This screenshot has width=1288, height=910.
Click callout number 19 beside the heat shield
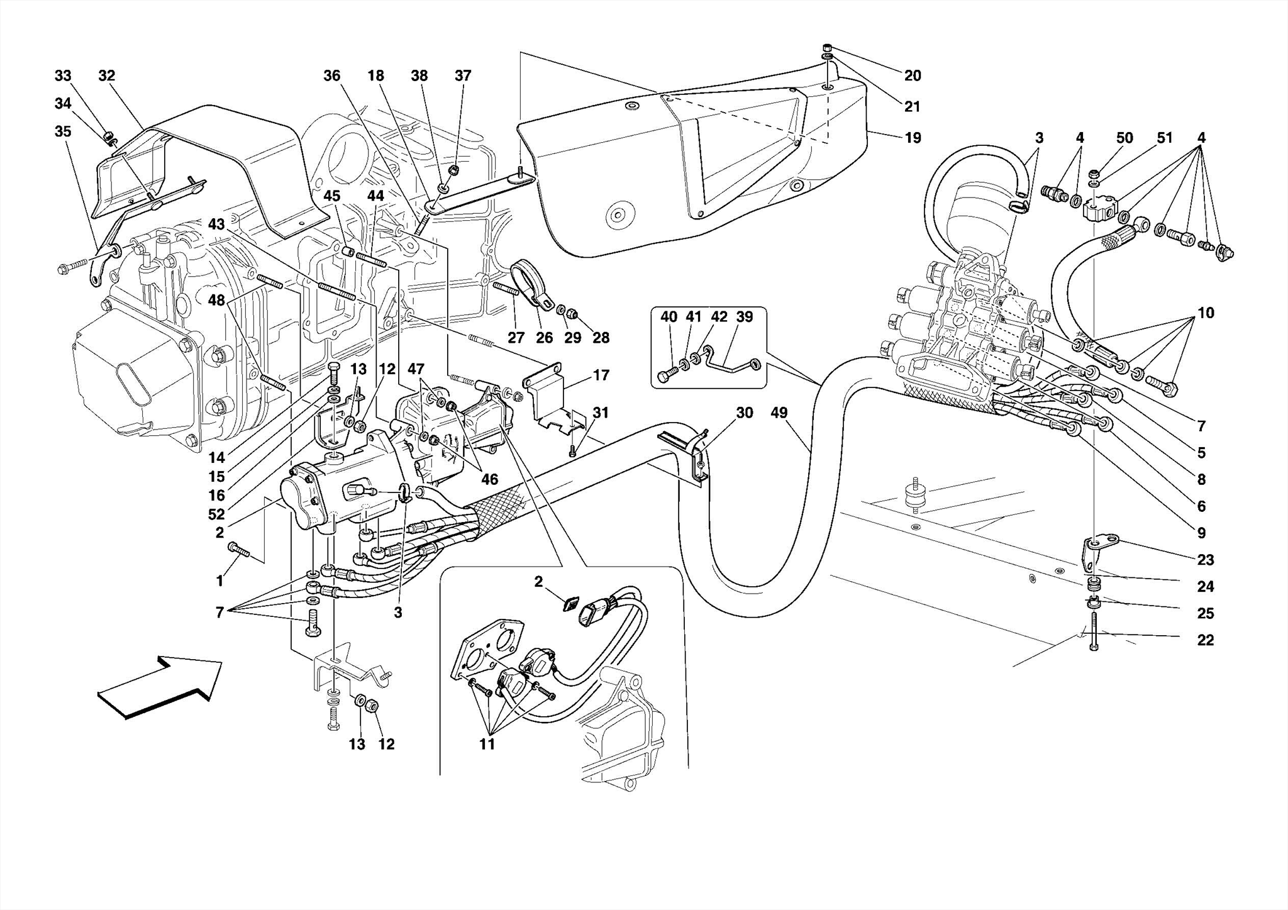[913, 138]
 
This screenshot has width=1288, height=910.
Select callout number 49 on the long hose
[779, 413]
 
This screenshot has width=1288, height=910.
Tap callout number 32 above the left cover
[107, 76]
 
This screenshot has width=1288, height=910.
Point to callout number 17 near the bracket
[601, 375]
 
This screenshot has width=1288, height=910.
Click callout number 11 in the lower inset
[487, 745]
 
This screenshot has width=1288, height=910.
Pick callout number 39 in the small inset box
[744, 317]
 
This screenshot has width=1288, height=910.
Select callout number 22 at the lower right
[1205, 640]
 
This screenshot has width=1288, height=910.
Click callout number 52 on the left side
[216, 514]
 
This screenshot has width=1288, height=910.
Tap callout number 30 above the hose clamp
[744, 413]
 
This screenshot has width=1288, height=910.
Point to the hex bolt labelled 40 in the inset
[666, 376]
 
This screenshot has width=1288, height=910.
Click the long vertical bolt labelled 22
[1094, 629]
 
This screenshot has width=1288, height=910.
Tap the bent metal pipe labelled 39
[730, 363]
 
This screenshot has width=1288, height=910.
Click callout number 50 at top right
[1124, 138]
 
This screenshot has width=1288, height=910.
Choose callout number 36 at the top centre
[331, 76]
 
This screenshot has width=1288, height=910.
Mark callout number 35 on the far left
[63, 131]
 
